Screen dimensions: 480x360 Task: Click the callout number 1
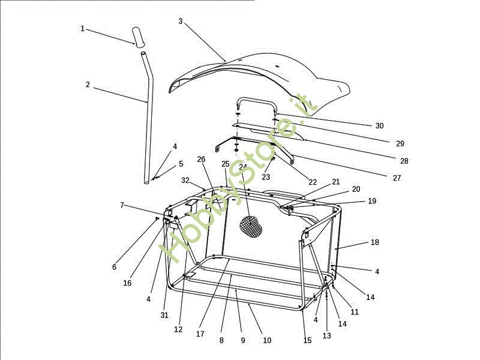[x=82, y=29]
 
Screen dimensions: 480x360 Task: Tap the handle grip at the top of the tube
[x=138, y=37]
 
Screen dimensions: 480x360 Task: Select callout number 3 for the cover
[x=181, y=21]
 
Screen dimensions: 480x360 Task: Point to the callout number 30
[x=379, y=126]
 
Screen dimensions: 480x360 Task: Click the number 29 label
[x=400, y=143]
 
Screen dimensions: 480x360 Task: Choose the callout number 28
[x=404, y=161]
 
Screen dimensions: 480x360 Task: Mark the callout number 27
[x=397, y=178]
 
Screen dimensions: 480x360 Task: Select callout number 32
[x=185, y=181]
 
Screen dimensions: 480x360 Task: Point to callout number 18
[x=374, y=242]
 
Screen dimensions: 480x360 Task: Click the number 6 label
[x=114, y=267]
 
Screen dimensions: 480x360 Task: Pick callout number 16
[x=127, y=283]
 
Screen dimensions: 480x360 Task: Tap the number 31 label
[x=164, y=315]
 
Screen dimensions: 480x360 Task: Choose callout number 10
[x=267, y=340]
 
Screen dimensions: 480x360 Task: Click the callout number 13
[x=326, y=336]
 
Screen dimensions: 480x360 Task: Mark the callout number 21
[x=336, y=182]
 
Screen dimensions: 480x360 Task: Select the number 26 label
[x=201, y=160]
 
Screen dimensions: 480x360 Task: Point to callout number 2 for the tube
[x=88, y=85]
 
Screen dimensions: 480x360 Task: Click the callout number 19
[x=372, y=201]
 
